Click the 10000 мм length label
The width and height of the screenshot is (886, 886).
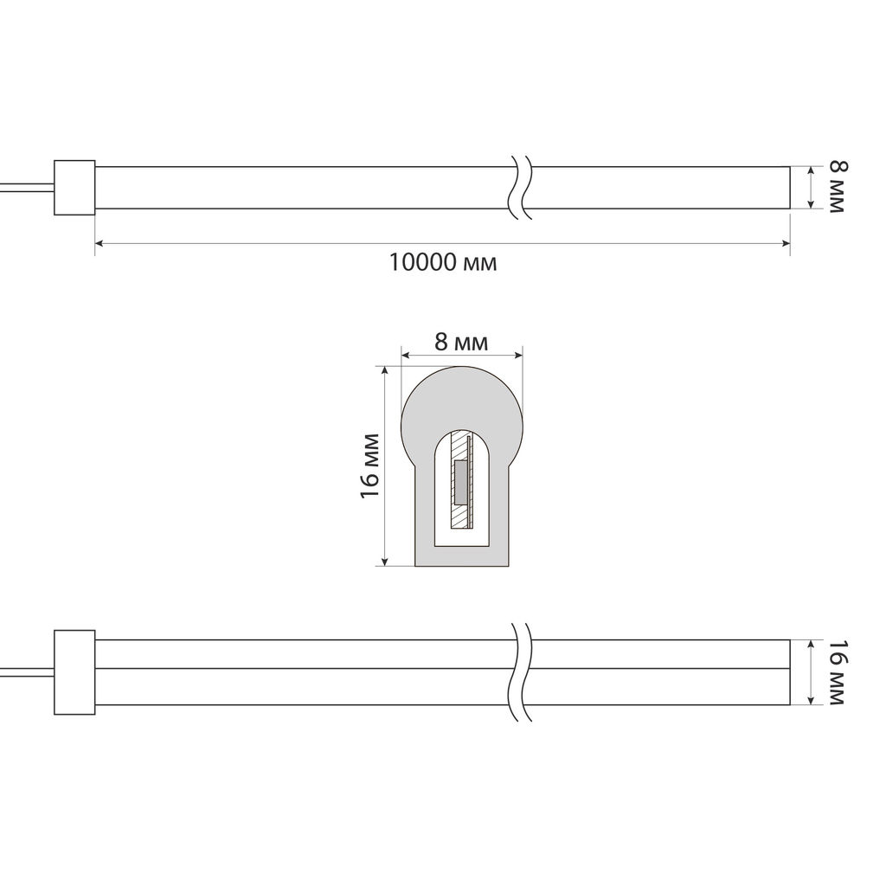pyautogui.click(x=443, y=262)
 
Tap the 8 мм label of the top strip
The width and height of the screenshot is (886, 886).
pyautogui.click(x=838, y=187)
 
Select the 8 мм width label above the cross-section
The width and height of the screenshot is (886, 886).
pyautogui.click(x=461, y=342)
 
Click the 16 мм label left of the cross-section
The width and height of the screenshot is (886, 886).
pyautogui.click(x=369, y=465)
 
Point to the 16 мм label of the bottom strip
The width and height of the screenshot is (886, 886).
pyautogui.click(x=838, y=671)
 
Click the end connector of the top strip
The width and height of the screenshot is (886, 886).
pyautogui.click(x=74, y=188)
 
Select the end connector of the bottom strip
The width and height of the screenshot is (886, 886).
pyautogui.click(x=74, y=672)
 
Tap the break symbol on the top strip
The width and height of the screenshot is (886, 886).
pyautogui.click(x=520, y=187)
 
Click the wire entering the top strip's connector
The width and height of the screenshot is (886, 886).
pyautogui.click(x=27, y=188)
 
